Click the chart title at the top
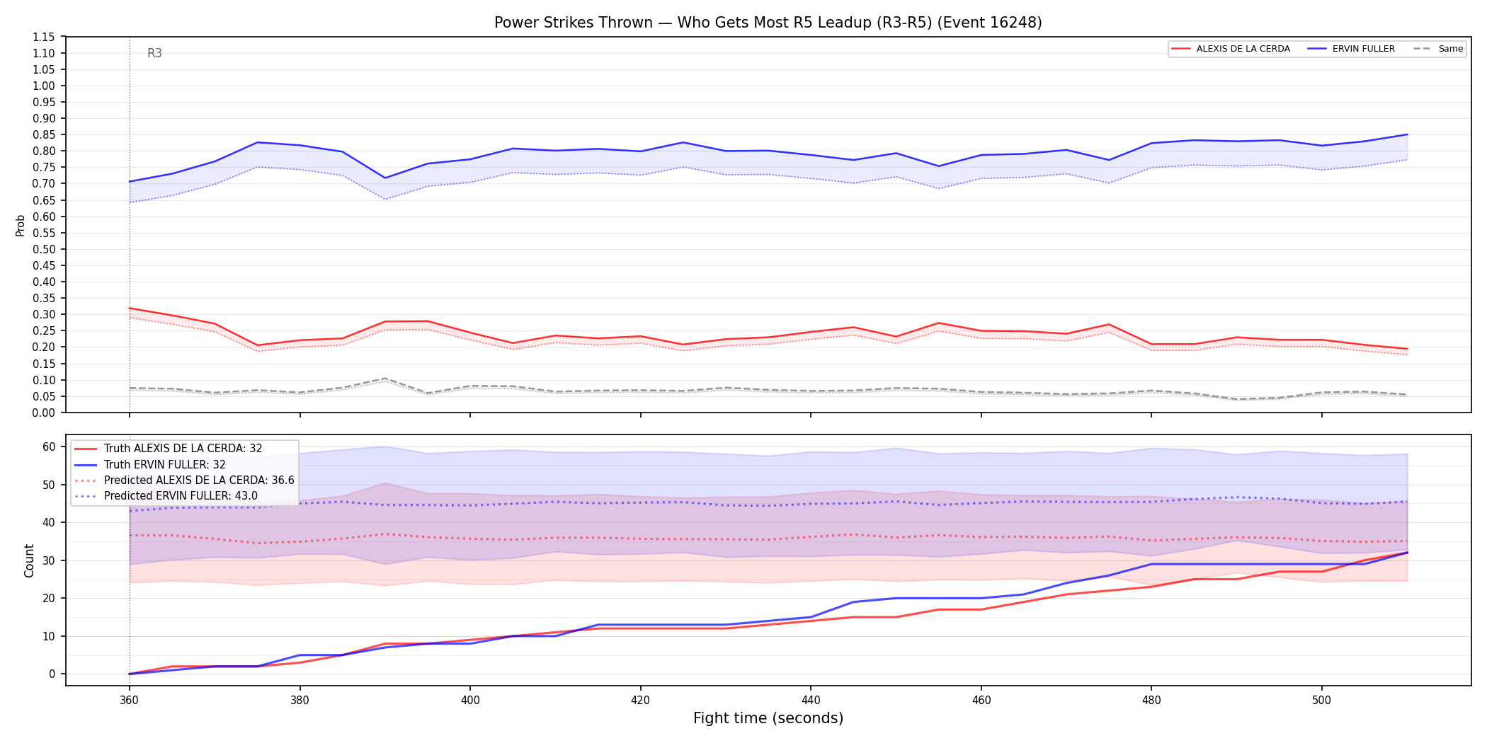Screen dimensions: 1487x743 tap(768, 23)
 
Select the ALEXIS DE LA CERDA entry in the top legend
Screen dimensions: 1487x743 tap(1231, 49)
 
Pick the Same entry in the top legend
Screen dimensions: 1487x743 tap(1438, 49)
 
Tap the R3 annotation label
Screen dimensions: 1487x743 tap(154, 53)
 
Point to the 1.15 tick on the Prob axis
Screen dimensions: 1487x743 tap(44, 37)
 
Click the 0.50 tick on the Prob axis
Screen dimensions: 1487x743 tap(44, 249)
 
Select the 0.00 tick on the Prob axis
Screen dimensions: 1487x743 tap(44, 413)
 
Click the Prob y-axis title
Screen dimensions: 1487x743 tap(21, 225)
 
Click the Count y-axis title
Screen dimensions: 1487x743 tap(29, 560)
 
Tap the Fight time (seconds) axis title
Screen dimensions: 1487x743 tap(768, 718)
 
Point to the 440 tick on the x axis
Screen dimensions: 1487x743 tap(811, 700)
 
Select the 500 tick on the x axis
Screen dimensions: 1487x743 tap(1321, 700)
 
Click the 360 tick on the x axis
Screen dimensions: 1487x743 tap(129, 700)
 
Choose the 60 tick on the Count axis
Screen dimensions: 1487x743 tap(49, 447)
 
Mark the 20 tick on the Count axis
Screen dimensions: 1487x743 tap(49, 598)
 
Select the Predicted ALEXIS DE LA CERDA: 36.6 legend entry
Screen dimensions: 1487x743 tap(184, 480)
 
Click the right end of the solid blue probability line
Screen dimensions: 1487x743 tap(1407, 134)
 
